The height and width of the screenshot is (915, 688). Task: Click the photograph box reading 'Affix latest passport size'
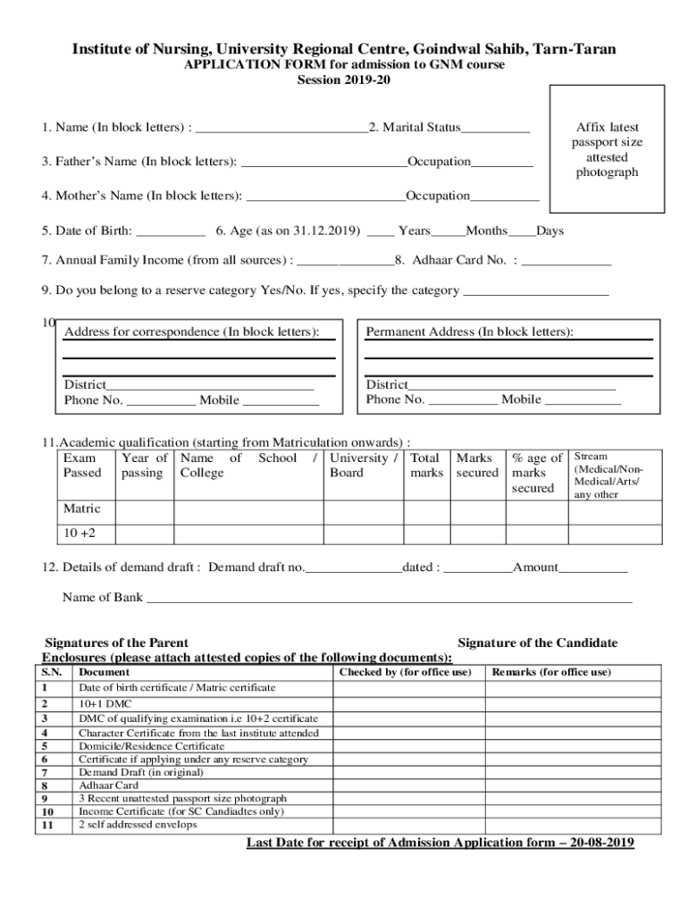(x=607, y=149)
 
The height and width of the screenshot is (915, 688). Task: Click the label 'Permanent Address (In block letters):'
(x=470, y=332)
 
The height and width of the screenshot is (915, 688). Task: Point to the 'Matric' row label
(x=81, y=508)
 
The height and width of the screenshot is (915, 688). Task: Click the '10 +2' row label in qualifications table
(x=79, y=533)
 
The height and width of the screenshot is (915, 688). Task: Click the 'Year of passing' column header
(x=144, y=465)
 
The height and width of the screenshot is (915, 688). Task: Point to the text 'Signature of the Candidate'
(x=537, y=642)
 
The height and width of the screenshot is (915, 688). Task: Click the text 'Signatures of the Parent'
(x=116, y=642)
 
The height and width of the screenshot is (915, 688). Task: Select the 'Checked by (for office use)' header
(x=405, y=672)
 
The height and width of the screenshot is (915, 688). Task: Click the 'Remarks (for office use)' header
(x=551, y=672)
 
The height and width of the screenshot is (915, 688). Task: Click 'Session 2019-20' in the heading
(x=343, y=80)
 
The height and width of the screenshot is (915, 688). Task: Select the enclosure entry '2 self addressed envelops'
(x=138, y=825)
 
